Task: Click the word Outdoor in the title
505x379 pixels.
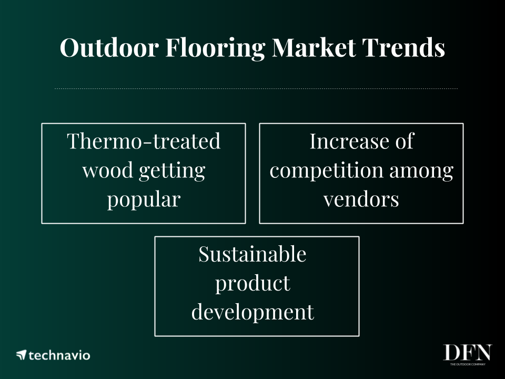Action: (x=109, y=47)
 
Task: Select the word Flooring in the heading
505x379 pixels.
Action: (x=216, y=48)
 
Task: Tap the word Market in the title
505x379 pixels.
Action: (x=314, y=47)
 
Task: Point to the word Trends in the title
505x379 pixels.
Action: (x=403, y=47)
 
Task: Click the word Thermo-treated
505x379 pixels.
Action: (x=144, y=141)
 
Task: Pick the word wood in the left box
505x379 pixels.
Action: (x=107, y=170)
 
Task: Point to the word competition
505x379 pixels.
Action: (x=327, y=171)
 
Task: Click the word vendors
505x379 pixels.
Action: (x=361, y=200)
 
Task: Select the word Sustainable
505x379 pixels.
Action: (x=252, y=254)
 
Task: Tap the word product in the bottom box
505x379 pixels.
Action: (x=252, y=284)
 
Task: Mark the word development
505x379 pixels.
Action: (x=252, y=313)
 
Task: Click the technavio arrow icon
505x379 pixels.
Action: (x=21, y=355)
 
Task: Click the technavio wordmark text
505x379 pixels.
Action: (x=59, y=355)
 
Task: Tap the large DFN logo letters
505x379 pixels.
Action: (x=468, y=353)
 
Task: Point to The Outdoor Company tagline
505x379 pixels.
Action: (x=468, y=364)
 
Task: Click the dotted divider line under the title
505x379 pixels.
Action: (x=256, y=88)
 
